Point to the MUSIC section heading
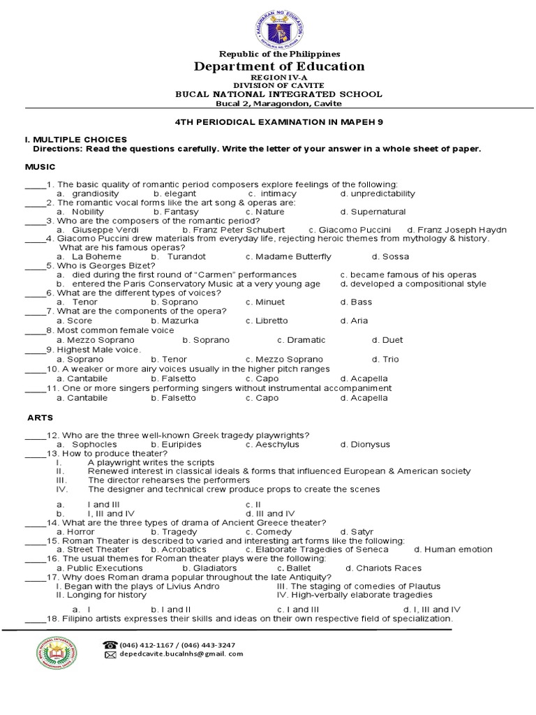[40, 168]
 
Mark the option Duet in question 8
[392, 340]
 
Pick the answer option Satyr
[362, 532]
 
